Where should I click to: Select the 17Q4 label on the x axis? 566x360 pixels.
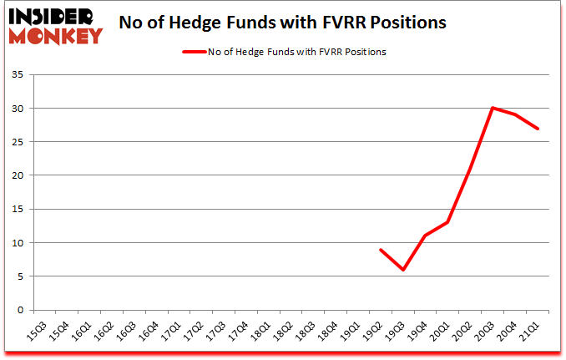point(239,331)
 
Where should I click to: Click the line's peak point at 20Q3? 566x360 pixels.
point(493,108)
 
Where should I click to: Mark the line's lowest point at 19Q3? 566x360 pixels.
point(403,269)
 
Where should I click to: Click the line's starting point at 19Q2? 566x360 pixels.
point(381,249)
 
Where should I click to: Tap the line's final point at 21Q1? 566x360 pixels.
point(538,129)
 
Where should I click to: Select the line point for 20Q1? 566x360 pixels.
point(448,222)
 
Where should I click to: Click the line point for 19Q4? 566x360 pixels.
point(426,236)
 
